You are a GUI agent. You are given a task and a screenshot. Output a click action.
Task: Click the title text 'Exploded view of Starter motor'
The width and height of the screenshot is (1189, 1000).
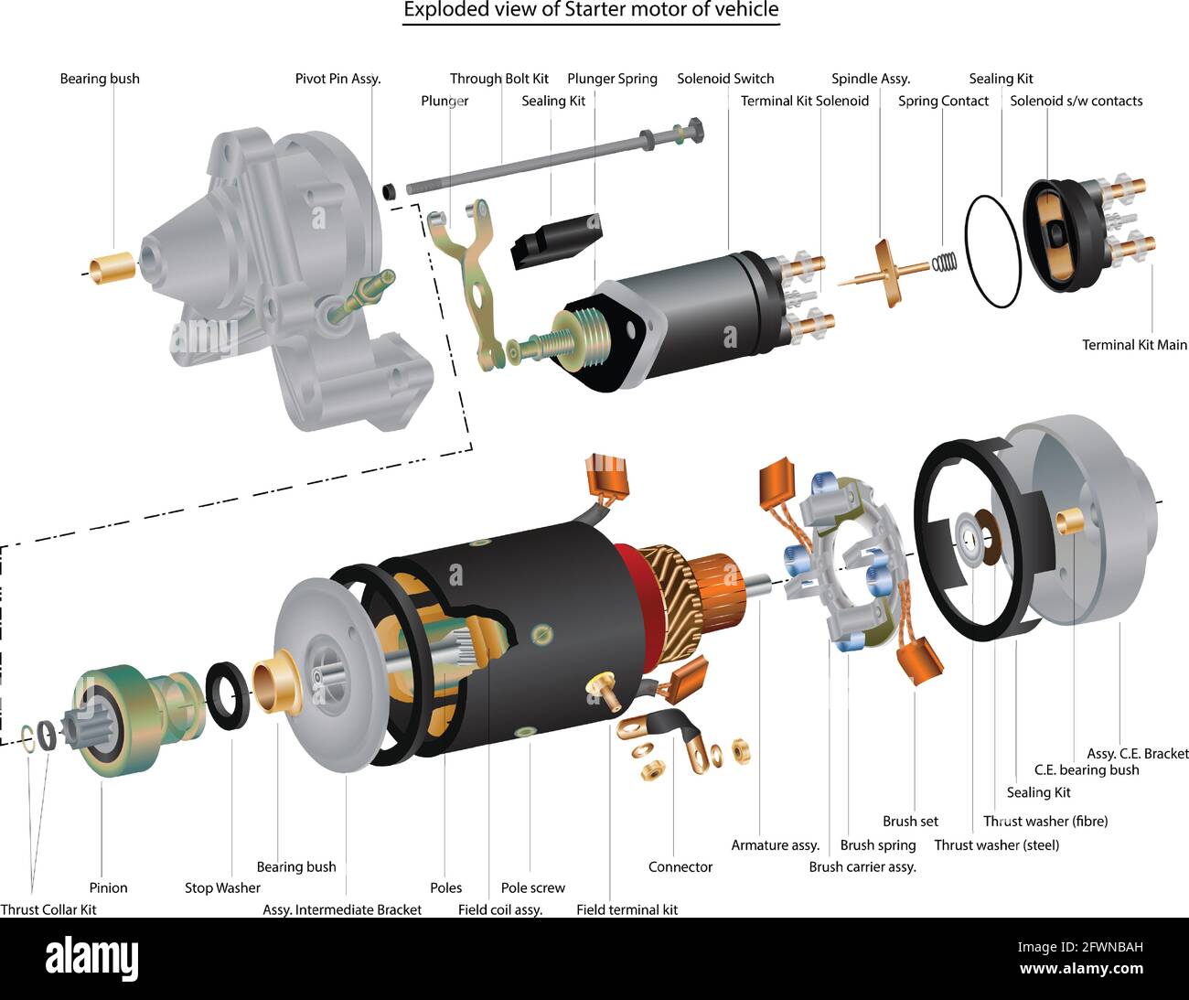(591, 11)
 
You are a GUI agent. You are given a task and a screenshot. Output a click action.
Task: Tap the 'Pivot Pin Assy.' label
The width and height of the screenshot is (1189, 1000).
(337, 79)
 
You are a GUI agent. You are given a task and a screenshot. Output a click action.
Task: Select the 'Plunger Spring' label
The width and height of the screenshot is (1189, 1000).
(612, 79)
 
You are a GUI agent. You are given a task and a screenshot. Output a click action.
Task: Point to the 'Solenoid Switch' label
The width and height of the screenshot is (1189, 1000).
(725, 79)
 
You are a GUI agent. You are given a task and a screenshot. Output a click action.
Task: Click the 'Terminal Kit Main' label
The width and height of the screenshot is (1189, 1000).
(1134, 345)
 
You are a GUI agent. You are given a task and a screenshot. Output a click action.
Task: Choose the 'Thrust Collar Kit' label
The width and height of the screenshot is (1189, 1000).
(48, 909)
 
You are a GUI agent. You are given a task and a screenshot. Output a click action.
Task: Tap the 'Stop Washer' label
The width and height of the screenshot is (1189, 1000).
(222, 887)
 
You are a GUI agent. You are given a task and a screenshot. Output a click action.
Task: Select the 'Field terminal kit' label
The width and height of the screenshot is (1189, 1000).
(627, 909)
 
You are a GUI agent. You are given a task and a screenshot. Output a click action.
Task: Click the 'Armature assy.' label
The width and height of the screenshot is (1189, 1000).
(775, 845)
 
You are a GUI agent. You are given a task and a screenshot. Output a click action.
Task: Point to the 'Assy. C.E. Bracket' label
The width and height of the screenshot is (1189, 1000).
(1137, 754)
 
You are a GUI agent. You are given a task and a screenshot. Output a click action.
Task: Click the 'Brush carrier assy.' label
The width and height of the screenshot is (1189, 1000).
(862, 866)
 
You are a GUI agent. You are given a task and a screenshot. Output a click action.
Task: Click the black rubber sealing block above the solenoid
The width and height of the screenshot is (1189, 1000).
(556, 242)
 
